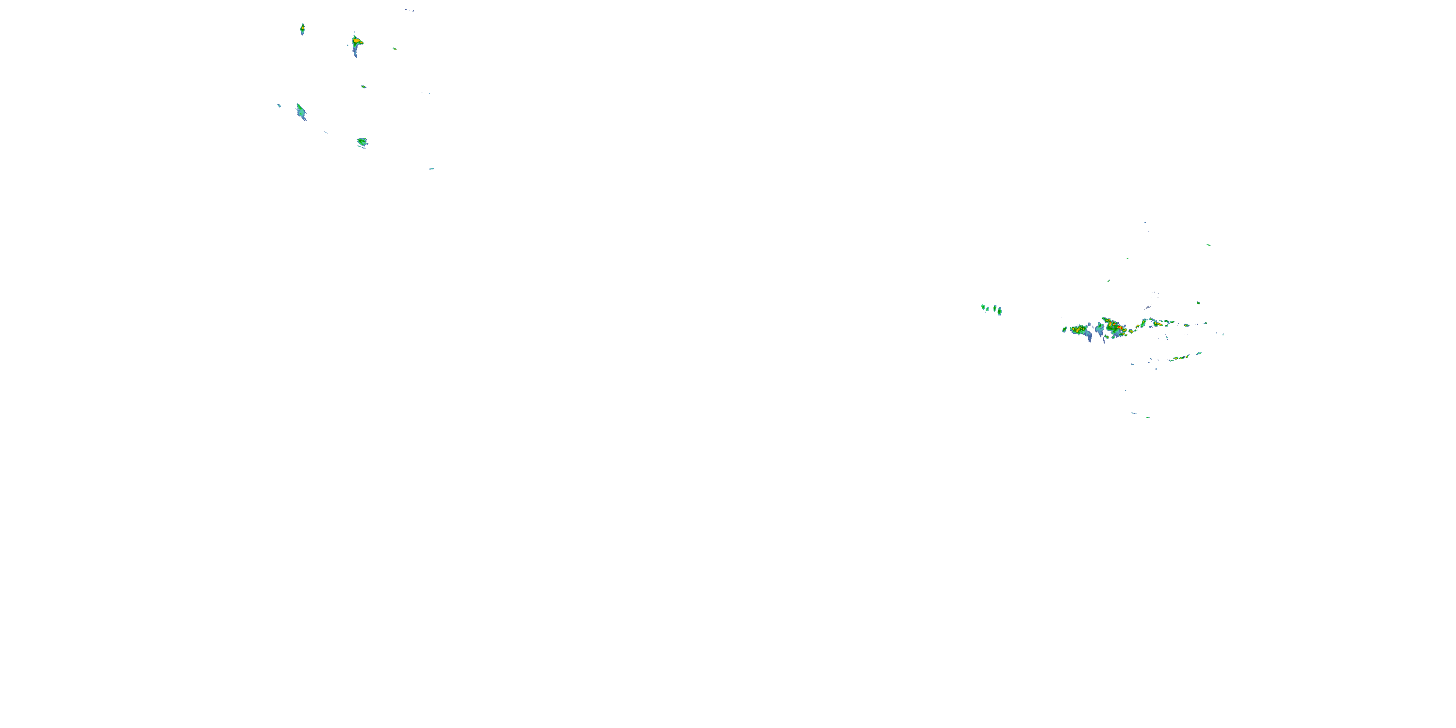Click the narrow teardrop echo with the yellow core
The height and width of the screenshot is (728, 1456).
coord(302,28)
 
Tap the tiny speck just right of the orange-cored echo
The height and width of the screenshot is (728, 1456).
coord(395,49)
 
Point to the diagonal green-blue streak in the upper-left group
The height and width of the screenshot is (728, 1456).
coord(301,111)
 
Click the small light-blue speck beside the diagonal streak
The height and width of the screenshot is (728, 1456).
coord(279,105)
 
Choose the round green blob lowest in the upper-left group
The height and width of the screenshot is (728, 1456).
coord(362,141)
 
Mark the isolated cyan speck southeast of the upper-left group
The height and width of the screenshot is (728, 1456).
coord(431,168)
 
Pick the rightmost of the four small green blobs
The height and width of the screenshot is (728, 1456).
coord(999,311)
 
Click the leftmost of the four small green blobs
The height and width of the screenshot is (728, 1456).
coord(983,307)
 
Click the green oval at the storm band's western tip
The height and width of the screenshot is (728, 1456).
coord(1064,329)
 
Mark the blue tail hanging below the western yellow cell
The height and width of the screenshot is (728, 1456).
coord(1089,337)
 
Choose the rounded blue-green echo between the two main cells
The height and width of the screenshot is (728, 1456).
coord(1100,329)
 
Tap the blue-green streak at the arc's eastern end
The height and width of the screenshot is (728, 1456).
coord(1198,354)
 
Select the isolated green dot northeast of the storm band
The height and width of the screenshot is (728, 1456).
coord(1198,303)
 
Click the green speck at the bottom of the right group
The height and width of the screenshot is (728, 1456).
coord(1147,417)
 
